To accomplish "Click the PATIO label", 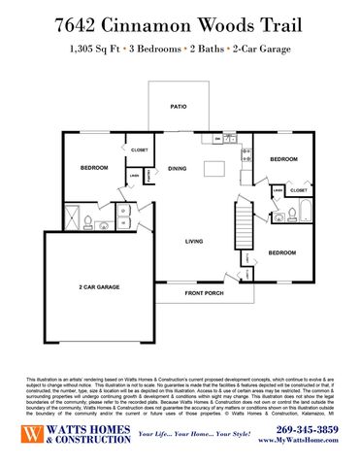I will click(x=179, y=106).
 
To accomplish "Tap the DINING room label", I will click(x=178, y=169).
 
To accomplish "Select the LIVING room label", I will click(x=194, y=240).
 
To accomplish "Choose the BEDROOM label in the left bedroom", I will click(x=93, y=168).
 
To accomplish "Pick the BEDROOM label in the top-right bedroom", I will click(x=283, y=158).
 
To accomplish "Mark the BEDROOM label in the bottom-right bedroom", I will click(x=283, y=252).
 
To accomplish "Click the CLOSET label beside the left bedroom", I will click(x=139, y=150).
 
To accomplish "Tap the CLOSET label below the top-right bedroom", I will click(x=299, y=190).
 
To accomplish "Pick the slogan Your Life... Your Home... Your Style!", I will click(x=193, y=439).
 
